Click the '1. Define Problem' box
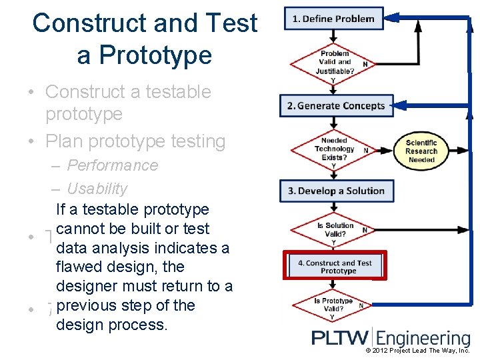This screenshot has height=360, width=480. click(333, 19)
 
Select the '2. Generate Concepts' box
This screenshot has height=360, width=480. click(336, 105)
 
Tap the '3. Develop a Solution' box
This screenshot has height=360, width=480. click(336, 191)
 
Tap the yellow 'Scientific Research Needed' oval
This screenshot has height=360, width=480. click(421, 151)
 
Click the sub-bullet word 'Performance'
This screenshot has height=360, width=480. click(113, 165)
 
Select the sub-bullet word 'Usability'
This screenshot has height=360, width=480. click(97, 189)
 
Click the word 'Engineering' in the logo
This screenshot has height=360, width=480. click(424, 339)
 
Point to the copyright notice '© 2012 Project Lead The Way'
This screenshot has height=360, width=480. click(417, 351)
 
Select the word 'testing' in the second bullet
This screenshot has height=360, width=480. click(198, 141)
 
